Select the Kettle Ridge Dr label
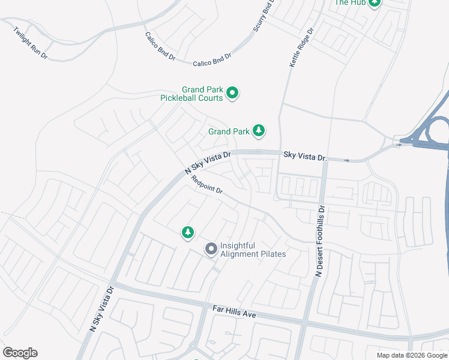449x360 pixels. [x=302, y=47]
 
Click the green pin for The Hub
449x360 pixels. [x=375, y=3]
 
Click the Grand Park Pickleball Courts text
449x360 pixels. [x=191, y=93]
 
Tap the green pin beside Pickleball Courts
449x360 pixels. [x=232, y=94]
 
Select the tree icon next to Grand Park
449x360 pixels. [x=259, y=130]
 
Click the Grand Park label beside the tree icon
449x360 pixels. [x=229, y=131]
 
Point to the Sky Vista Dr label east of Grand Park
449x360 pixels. [x=305, y=157]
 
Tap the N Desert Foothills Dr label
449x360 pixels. [x=320, y=241]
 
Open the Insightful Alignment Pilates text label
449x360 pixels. [x=253, y=250]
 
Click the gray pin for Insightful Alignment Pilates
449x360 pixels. [x=211, y=248]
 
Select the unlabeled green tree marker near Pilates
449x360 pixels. [x=188, y=232]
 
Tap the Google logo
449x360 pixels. [x=20, y=353]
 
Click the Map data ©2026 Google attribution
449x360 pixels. [x=412, y=355]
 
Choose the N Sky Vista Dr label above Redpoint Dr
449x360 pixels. [x=206, y=163]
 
